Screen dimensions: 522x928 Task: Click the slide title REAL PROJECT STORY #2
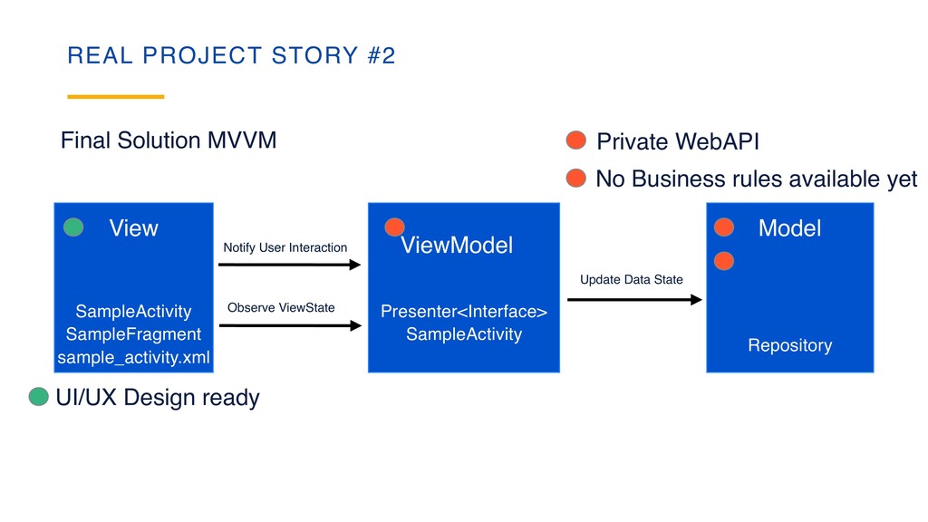(231, 56)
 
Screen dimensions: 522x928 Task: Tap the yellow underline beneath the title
(116, 96)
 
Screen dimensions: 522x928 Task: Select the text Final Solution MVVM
(168, 140)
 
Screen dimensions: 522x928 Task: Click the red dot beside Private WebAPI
(576, 140)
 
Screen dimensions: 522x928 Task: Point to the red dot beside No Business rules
(576, 178)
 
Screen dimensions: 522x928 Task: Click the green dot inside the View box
(73, 227)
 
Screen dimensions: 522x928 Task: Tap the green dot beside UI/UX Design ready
(38, 397)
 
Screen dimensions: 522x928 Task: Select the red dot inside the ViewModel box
(394, 227)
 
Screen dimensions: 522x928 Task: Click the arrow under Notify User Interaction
(290, 265)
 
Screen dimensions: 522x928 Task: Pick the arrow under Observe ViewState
(290, 325)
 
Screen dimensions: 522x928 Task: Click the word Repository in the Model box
(789, 345)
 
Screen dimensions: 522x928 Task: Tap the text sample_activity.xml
(133, 359)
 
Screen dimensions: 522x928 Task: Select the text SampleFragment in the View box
(133, 334)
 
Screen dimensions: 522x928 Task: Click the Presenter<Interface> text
(464, 312)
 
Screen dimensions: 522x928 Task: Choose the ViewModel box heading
(457, 245)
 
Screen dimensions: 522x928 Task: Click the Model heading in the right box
(789, 228)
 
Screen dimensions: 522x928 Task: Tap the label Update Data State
(631, 279)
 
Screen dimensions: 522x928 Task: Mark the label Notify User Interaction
(285, 247)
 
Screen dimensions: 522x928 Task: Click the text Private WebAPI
(678, 142)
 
